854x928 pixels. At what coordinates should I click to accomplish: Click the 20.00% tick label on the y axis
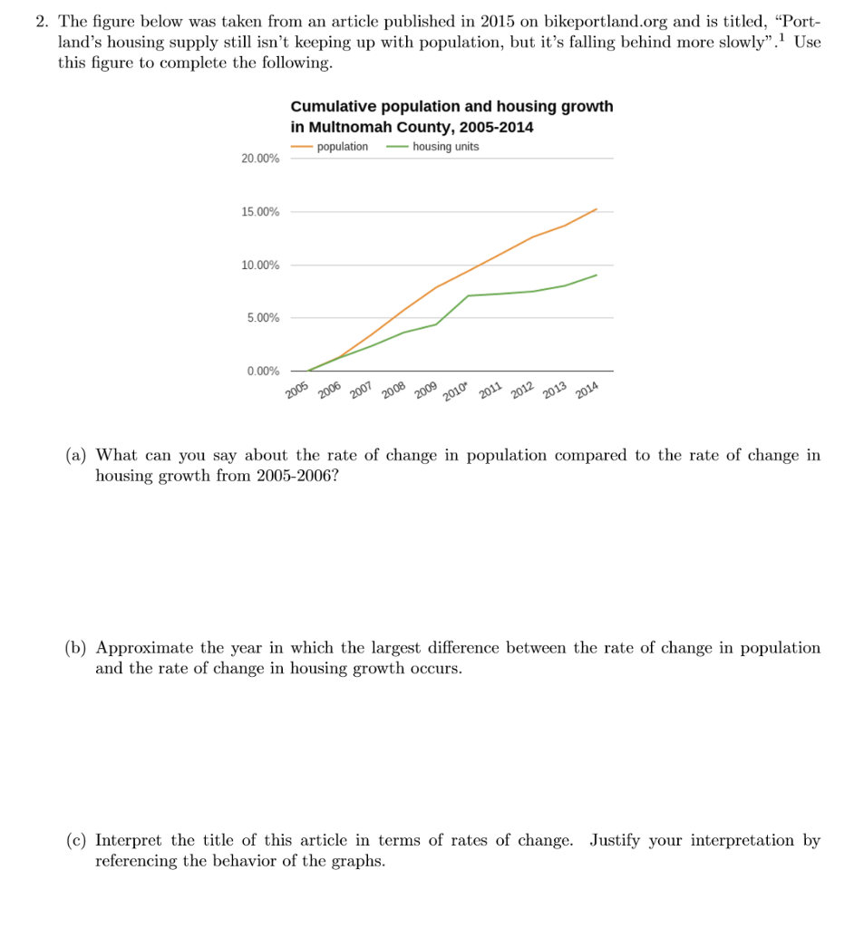click(260, 159)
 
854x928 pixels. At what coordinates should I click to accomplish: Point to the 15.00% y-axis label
click(260, 212)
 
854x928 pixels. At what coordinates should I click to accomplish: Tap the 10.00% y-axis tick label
click(260, 266)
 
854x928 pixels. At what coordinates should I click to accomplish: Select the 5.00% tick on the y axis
click(263, 318)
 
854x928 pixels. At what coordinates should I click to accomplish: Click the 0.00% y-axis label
click(263, 372)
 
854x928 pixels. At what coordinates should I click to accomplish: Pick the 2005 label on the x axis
click(297, 391)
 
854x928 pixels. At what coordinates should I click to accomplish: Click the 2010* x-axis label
click(455, 391)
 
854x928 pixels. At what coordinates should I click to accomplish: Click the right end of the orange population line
click(597, 208)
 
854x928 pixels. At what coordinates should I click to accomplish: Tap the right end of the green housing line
click(597, 275)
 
